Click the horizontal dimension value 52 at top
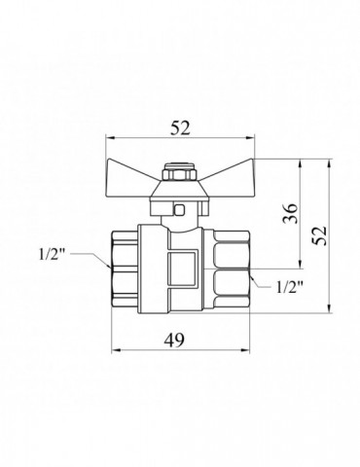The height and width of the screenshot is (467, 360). click(x=180, y=128)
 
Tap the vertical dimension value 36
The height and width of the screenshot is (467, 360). click(x=290, y=214)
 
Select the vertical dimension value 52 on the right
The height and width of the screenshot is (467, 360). click(x=318, y=235)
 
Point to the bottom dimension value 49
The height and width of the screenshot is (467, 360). click(x=174, y=340)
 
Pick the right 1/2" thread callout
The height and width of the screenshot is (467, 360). click(x=290, y=287)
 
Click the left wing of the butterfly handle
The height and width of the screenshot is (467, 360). click(x=134, y=170)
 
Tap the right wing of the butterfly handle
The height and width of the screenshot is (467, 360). click(x=226, y=170)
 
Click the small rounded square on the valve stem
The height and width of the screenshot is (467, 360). click(x=179, y=210)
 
